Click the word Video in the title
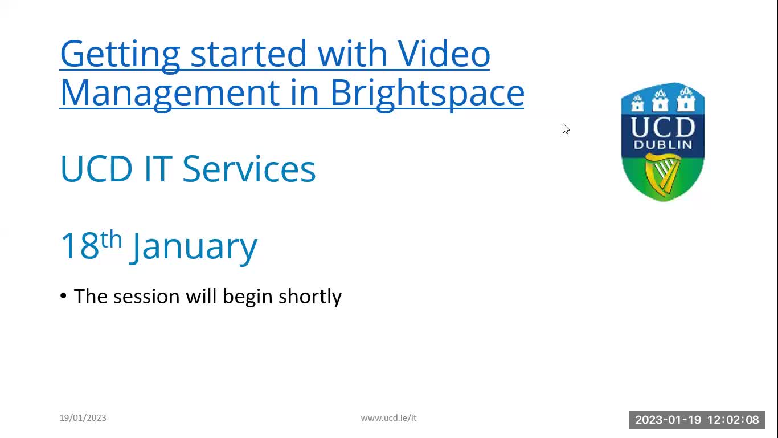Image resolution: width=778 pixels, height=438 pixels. click(x=444, y=54)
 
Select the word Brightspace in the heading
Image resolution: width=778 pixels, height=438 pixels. click(x=427, y=92)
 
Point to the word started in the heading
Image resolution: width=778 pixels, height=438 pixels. click(x=248, y=54)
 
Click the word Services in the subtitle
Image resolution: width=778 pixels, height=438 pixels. click(x=249, y=169)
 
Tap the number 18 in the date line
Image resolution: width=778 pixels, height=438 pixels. click(x=79, y=246)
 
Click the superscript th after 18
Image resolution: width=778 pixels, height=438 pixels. click(x=111, y=239)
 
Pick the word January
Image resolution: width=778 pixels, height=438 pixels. click(x=194, y=246)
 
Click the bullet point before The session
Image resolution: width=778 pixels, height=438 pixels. click(x=63, y=296)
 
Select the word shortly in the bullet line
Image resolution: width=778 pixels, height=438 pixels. click(x=310, y=297)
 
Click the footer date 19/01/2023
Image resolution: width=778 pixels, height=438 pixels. click(x=83, y=418)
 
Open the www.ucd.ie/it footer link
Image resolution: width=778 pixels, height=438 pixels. click(x=388, y=418)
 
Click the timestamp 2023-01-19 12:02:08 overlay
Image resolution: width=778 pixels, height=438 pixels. click(x=697, y=420)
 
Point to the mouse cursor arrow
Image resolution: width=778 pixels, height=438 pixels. click(x=565, y=128)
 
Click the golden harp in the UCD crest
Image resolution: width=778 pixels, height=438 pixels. click(x=662, y=174)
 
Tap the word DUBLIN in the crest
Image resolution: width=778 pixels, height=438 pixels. click(x=663, y=145)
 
